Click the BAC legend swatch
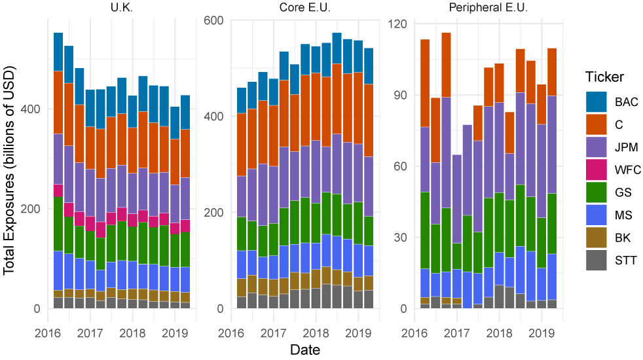point(597,102)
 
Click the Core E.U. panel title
point(307,7)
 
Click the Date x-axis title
point(305,350)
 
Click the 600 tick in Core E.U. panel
point(215,20)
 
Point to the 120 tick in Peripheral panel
point(398,24)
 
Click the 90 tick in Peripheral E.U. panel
point(401,95)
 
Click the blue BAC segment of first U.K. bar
point(58,52)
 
